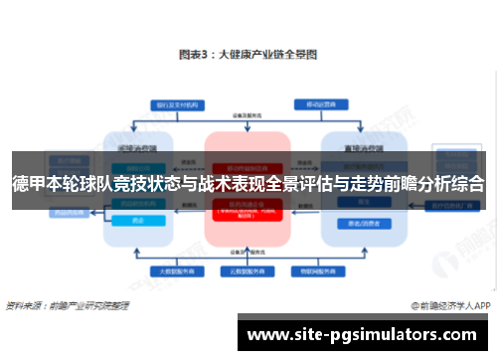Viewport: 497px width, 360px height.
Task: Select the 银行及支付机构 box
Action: [x=166, y=103]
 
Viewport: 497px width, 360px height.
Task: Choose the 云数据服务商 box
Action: [x=247, y=270]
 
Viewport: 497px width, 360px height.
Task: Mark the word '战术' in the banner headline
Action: [x=213, y=183]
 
